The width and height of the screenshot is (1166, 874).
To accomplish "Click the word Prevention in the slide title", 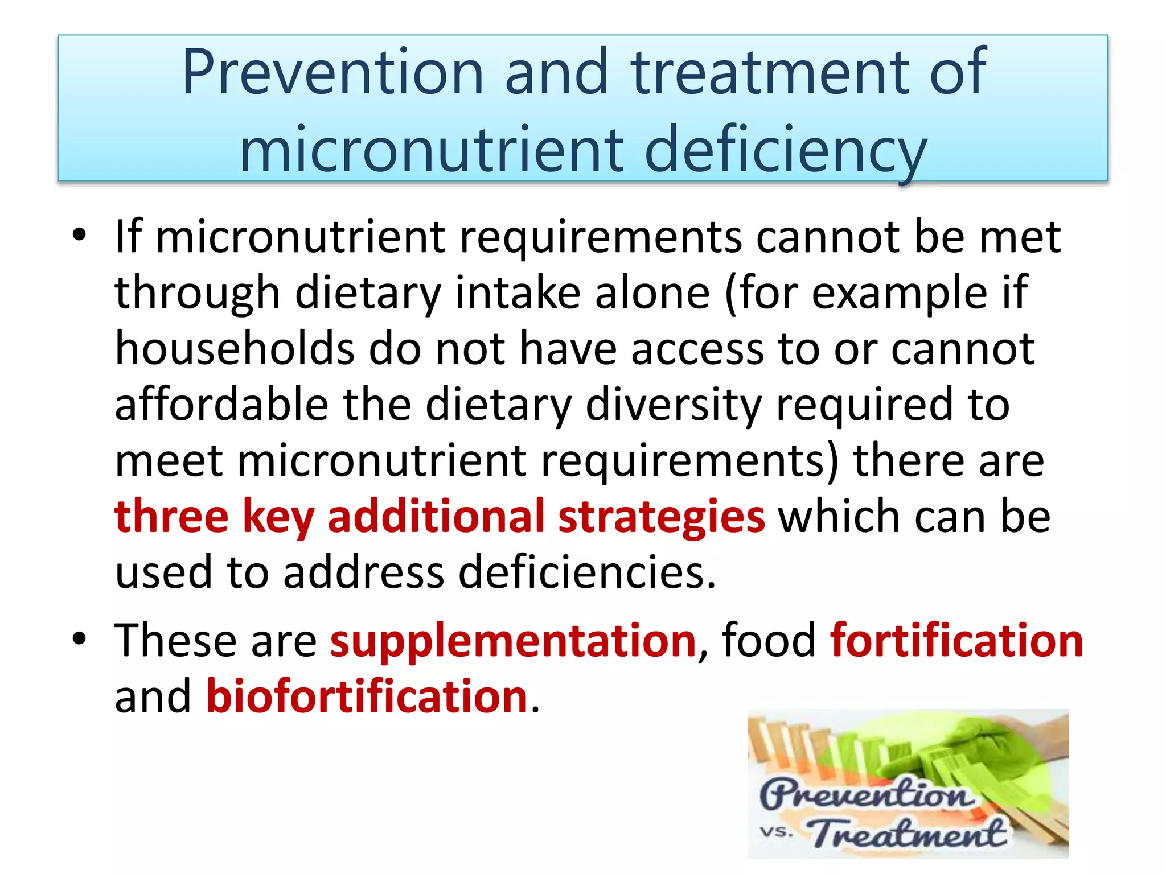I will (x=332, y=72).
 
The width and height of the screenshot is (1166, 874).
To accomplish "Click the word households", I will (x=235, y=348).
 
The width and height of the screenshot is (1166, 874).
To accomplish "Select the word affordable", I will (x=221, y=404).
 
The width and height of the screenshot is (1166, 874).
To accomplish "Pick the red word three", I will (x=171, y=516).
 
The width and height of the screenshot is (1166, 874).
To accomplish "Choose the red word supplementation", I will (x=513, y=640).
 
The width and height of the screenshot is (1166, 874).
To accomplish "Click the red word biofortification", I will (x=367, y=696).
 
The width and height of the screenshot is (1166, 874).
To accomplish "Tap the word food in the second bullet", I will (x=769, y=640).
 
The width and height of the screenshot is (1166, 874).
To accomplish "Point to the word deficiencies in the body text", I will (x=586, y=572).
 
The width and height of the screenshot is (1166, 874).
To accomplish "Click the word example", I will (x=899, y=293).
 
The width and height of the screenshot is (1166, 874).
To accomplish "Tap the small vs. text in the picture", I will (x=777, y=831).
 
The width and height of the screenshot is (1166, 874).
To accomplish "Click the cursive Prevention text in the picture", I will (x=865, y=793).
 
